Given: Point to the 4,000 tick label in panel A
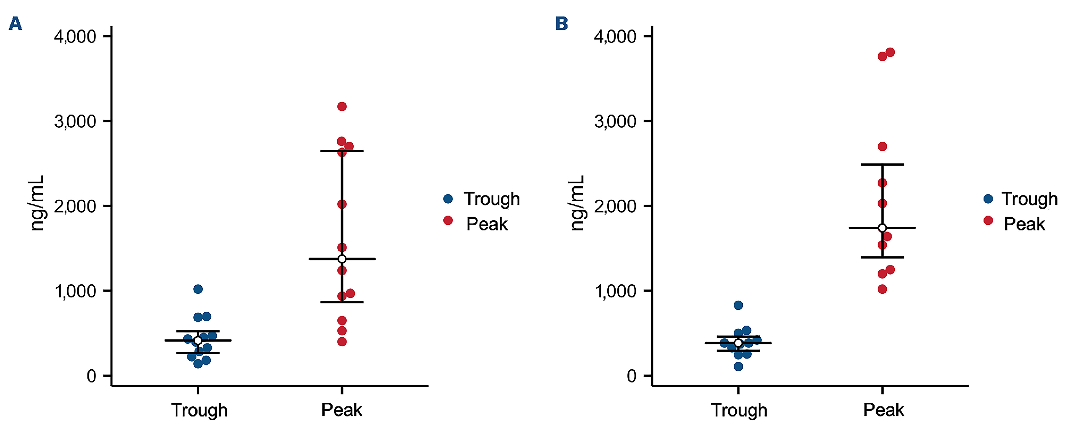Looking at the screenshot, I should (x=75, y=37).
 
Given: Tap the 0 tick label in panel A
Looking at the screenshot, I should (x=91, y=376).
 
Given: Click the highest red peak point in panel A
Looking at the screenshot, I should (x=342, y=106).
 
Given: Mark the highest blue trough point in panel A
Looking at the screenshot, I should (x=198, y=289).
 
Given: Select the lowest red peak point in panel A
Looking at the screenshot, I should (x=342, y=342).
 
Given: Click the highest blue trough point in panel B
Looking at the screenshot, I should (x=738, y=305).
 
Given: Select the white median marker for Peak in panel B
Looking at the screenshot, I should (x=882, y=228).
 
